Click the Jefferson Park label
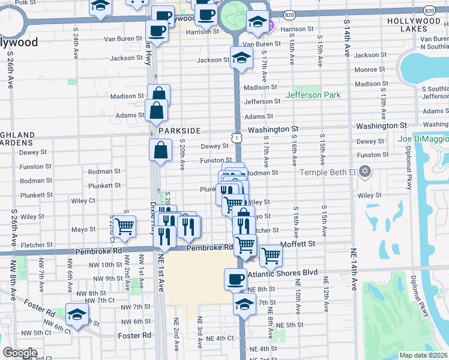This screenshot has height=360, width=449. pos(313,95)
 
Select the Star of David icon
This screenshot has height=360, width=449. pos(364,172)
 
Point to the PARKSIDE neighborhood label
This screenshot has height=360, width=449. pos(179,130)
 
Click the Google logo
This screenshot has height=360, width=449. pos(19,353)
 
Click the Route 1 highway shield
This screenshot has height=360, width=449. pos(238,139)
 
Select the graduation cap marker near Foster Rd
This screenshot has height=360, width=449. pos(77,314)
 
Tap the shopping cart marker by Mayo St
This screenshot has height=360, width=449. pos(125,227)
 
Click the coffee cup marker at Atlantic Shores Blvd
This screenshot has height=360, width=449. pos(235,279)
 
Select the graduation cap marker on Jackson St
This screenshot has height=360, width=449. pos(241,58)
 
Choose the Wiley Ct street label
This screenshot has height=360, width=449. pos(83,201)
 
